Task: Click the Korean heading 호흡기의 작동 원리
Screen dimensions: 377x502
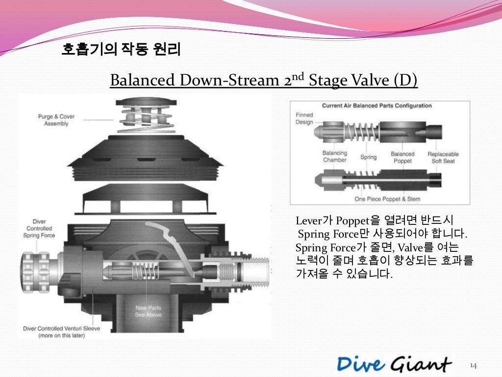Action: pos(121,50)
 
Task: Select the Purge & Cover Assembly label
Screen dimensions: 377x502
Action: pos(56,120)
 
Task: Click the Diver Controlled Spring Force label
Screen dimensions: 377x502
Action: pos(39,229)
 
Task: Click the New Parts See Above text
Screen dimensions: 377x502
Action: pos(149,311)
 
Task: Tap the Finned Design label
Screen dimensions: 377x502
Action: pos(304,118)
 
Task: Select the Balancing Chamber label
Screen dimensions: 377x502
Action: pos(334,157)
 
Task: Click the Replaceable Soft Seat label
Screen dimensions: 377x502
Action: pos(443,157)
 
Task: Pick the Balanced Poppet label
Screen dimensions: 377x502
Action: pos(402,157)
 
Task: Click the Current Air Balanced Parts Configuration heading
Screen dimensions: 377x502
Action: pos(376,106)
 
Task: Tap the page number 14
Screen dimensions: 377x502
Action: pos(474,366)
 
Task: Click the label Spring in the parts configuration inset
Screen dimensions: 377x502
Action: pos(368,157)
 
